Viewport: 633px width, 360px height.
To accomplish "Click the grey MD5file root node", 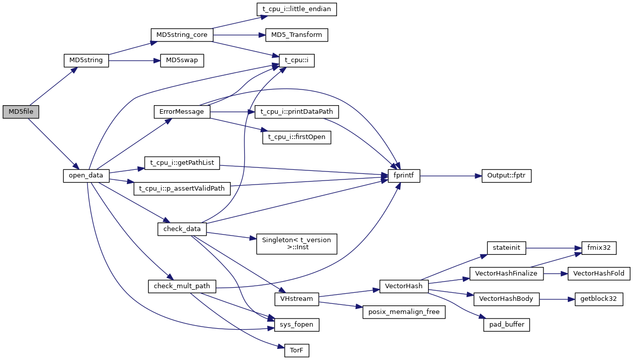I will (x=21, y=112).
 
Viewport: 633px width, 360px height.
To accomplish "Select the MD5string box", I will (x=86, y=60).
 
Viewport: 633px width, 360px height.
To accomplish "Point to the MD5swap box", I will (x=182, y=60).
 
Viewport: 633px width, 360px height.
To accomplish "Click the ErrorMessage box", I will (x=182, y=112).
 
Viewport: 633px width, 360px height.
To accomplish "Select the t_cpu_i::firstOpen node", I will (x=297, y=137).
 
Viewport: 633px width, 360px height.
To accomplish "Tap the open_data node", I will (x=86, y=175).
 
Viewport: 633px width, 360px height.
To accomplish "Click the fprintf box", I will (x=404, y=175).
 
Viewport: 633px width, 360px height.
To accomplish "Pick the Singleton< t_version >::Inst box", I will (x=297, y=244).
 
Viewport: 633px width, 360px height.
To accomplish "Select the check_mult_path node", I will (x=182, y=286).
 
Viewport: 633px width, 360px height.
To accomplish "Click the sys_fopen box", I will (x=297, y=325).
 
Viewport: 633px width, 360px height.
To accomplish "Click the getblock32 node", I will (x=599, y=299).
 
